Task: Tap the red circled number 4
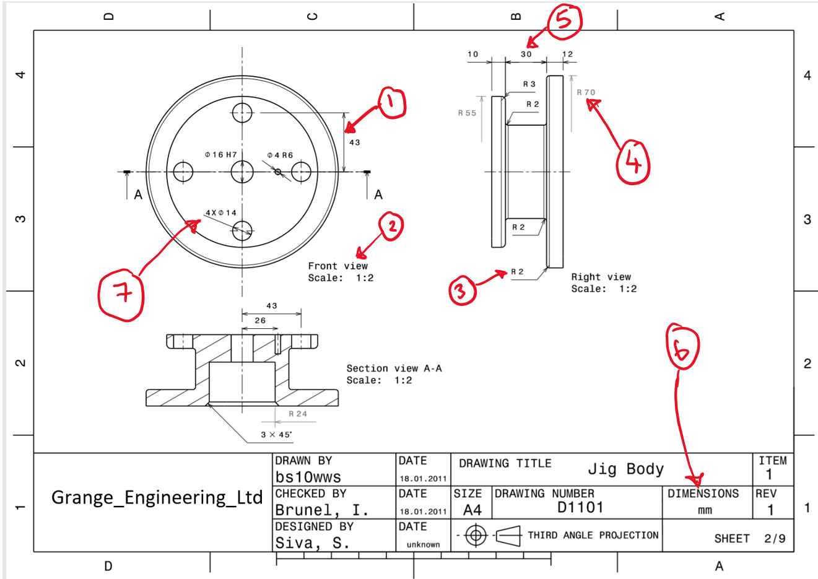coord(633,162)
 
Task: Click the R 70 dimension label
coord(586,92)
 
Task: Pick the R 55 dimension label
coord(467,113)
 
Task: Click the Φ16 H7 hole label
coord(220,154)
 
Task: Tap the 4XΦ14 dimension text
coord(221,212)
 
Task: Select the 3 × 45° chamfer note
coord(276,434)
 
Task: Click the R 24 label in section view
coord(297,414)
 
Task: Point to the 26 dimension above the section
coord(260,320)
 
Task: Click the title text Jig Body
coord(625,469)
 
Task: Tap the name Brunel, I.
coord(321,510)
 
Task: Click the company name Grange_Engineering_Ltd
coord(157,497)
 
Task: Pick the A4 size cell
coord(471,510)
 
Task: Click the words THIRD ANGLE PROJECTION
coord(593,535)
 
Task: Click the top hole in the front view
coord(242,113)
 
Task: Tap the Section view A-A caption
coord(394,368)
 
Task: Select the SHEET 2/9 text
coord(749,539)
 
